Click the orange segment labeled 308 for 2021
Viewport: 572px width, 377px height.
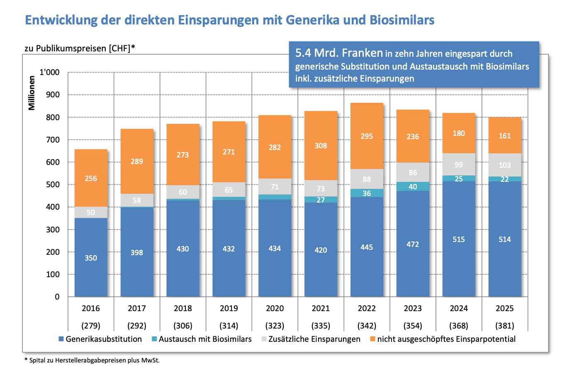(321, 145)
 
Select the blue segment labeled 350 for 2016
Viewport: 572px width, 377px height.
(91, 257)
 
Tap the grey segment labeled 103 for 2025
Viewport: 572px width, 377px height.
(504, 165)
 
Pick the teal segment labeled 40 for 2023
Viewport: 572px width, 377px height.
(413, 186)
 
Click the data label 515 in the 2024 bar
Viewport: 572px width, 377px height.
(458, 239)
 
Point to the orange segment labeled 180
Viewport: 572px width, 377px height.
(458, 133)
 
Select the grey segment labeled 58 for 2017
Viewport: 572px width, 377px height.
(137, 200)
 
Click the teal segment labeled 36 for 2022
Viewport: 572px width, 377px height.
(367, 193)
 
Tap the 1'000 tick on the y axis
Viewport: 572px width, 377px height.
(49, 72)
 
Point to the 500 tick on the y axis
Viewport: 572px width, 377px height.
(53, 185)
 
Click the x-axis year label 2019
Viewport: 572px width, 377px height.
(229, 309)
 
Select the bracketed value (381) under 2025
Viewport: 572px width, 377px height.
(504, 326)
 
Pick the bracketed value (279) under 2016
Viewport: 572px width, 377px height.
(91, 326)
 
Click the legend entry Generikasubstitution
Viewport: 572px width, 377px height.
(103, 339)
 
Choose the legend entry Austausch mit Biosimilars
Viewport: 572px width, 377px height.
(205, 339)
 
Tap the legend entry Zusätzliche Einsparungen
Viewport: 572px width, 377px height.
(314, 339)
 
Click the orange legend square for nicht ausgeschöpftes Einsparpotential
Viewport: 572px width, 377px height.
(372, 339)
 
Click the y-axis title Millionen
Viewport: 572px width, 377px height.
(32, 93)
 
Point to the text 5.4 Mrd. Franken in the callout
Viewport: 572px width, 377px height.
(339, 53)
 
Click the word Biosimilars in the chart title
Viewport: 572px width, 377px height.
(402, 20)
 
